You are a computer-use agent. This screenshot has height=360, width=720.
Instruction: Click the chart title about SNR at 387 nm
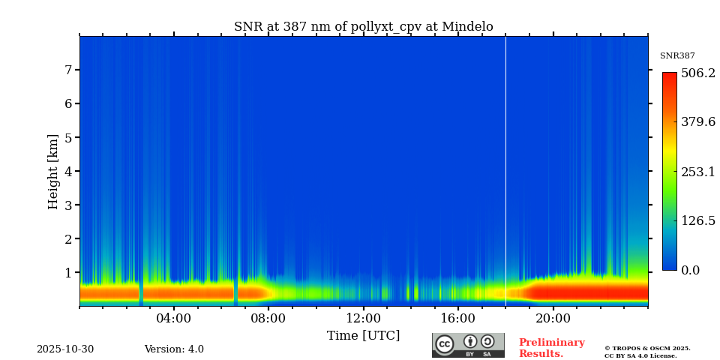[x=363, y=27]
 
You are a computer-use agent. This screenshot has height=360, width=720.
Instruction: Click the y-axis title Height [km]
[x=53, y=171]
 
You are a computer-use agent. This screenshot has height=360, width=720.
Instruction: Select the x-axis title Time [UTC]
[x=363, y=335]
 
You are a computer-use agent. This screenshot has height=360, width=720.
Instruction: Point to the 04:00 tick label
[x=174, y=318]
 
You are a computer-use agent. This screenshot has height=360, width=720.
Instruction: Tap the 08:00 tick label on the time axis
[x=268, y=318]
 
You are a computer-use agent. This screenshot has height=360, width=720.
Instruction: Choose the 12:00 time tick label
[x=363, y=318]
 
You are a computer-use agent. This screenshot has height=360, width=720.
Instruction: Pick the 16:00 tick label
[x=458, y=318]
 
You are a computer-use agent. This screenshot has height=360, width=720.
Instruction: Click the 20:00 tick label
[x=553, y=318]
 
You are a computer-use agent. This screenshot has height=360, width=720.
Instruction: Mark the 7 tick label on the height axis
[x=67, y=70]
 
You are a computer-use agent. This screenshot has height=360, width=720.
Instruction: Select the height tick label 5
[x=67, y=137]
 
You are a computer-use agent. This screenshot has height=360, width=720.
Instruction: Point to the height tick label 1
[x=67, y=272]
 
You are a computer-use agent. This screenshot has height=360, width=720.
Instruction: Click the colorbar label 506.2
[x=698, y=73]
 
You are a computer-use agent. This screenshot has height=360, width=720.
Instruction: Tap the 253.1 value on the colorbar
[x=698, y=172]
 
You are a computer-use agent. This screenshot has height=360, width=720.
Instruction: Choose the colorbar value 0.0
[x=691, y=270]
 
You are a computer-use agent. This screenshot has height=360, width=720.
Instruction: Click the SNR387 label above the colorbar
[x=677, y=56]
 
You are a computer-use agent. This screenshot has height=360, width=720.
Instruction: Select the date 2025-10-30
[x=65, y=349]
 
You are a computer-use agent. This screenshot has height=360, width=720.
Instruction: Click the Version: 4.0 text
[x=174, y=349]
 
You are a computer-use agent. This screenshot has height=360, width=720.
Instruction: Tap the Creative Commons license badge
[x=468, y=345]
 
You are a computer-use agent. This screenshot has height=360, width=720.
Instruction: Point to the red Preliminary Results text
[x=551, y=348]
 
